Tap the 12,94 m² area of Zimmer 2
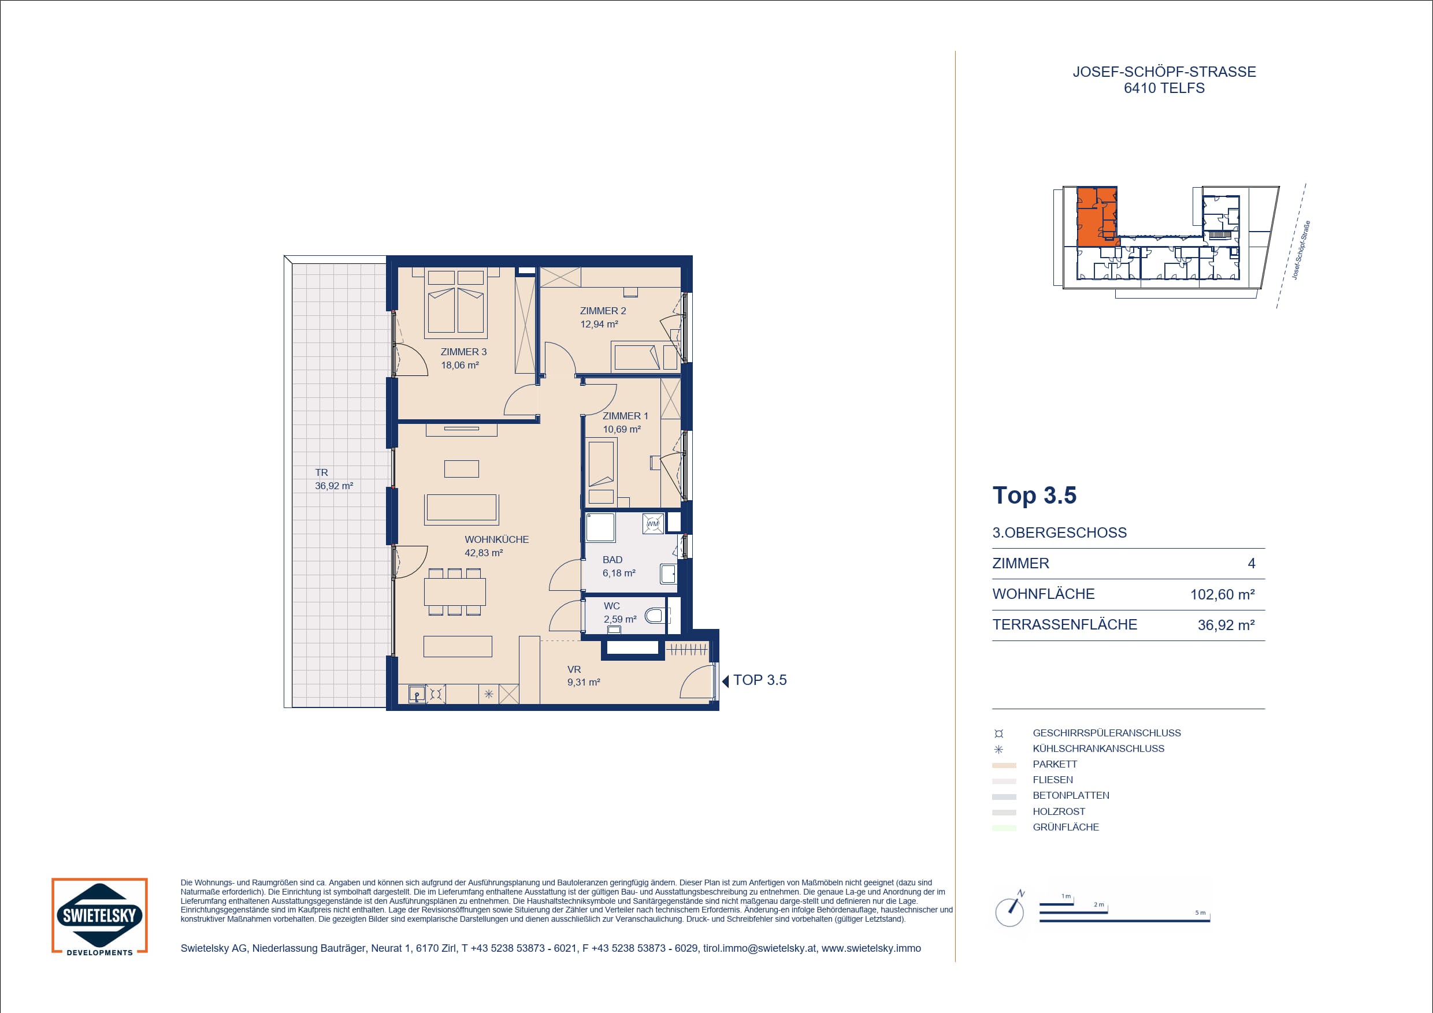[x=599, y=325]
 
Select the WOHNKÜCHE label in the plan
[x=496, y=539]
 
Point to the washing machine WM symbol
[x=653, y=523]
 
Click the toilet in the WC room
[x=656, y=616]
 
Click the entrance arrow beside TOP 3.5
[x=725, y=681]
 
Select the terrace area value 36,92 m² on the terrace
[x=334, y=486]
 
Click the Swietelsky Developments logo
[x=100, y=917]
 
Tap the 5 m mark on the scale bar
[x=1200, y=913]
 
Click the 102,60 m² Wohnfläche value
[x=1222, y=594]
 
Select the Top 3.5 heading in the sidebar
[x=1034, y=496]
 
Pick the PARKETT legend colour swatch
[x=1004, y=765]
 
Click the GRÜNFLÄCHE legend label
[x=1066, y=827]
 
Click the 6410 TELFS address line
[x=1164, y=88]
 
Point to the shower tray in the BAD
[x=600, y=527]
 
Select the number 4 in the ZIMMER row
[x=1251, y=564]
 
